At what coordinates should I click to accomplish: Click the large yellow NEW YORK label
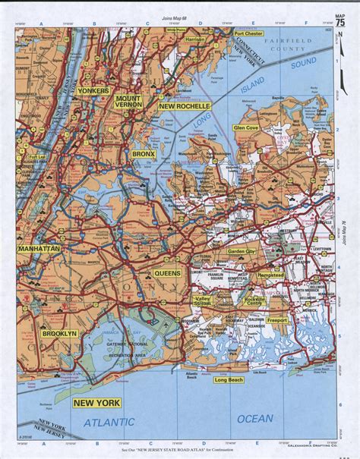pos(98,403)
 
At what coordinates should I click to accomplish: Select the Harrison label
pos(194,39)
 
